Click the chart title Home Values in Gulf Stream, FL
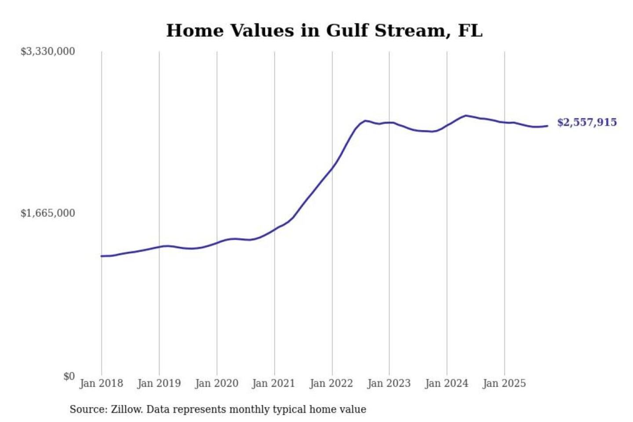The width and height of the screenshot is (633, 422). click(x=324, y=31)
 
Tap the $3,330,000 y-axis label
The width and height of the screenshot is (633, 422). click(x=48, y=51)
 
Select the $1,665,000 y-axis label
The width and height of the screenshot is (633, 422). click(x=48, y=213)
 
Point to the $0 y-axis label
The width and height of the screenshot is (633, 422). click(x=69, y=376)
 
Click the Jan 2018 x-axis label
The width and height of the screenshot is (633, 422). click(x=101, y=383)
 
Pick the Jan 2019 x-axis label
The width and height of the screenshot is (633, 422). click(x=159, y=383)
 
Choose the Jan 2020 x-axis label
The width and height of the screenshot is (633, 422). click(x=216, y=383)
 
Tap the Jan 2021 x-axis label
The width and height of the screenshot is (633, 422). click(x=273, y=383)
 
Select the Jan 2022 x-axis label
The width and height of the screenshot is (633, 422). click(x=331, y=383)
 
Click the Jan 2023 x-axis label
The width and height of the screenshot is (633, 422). click(x=389, y=383)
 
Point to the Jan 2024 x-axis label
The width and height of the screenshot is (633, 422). click(x=446, y=383)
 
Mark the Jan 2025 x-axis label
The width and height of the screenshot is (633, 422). click(x=504, y=383)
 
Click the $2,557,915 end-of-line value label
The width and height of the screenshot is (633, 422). click(x=587, y=122)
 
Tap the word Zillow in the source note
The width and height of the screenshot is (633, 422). click(x=127, y=409)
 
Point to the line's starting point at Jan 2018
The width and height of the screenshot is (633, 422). click(x=102, y=256)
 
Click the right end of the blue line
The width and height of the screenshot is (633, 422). click(x=547, y=126)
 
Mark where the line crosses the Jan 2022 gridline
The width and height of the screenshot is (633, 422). click(x=332, y=168)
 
